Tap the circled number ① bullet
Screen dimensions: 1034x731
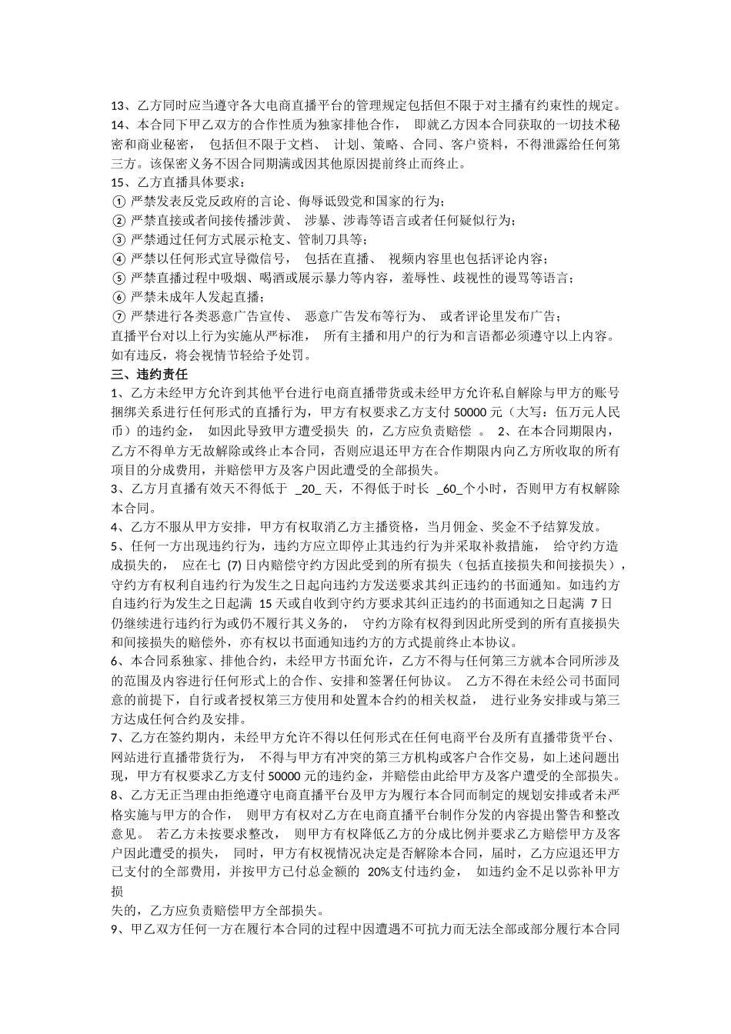click(x=118, y=202)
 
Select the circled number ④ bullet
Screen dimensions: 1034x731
click(x=118, y=259)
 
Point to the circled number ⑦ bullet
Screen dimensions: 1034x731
click(x=118, y=317)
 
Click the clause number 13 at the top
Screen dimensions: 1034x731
click(x=118, y=107)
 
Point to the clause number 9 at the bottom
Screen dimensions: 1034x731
click(x=115, y=929)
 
